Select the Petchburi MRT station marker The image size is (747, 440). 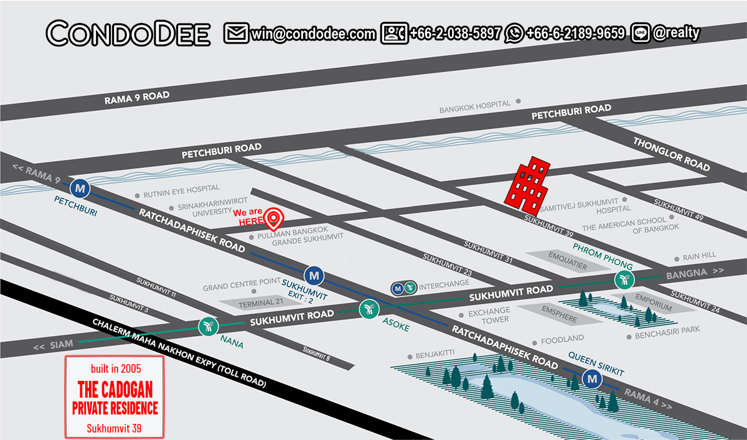coord(80,186)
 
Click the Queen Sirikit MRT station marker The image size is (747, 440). coord(591,378)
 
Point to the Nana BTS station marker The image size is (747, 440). coord(207,325)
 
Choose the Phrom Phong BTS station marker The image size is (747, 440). coord(624,280)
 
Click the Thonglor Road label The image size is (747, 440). coord(671,154)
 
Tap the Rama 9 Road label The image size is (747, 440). coord(136,98)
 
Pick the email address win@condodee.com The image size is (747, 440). coord(313,34)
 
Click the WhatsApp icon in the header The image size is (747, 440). coord(514,34)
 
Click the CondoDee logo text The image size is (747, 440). coord(128,34)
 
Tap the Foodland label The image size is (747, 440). coord(562,339)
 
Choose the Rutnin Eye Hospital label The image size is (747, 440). coord(181,189)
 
